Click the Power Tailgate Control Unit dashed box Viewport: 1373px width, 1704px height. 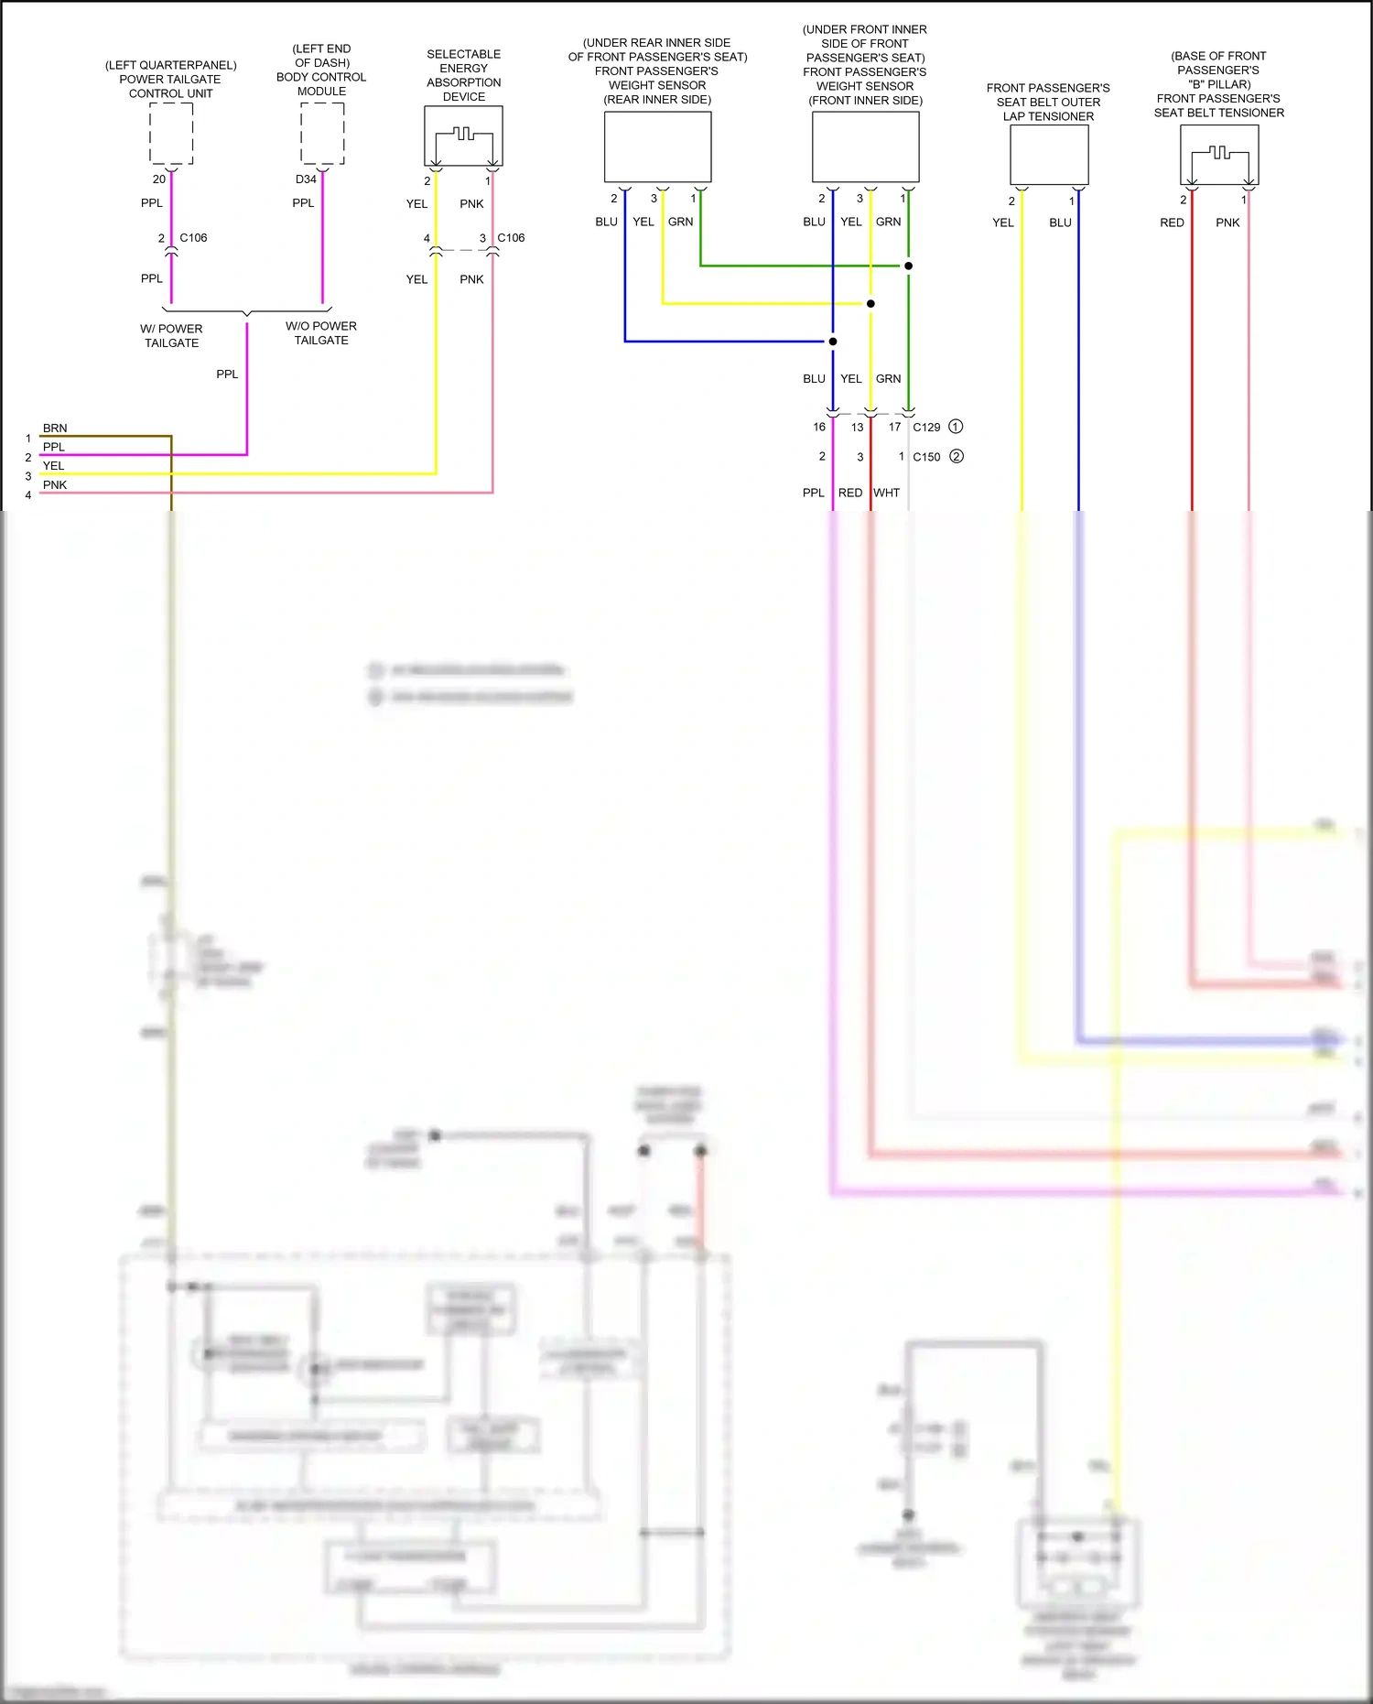pos(171,134)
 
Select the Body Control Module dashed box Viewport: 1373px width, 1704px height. pos(322,134)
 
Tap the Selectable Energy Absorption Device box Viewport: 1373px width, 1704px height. pos(463,136)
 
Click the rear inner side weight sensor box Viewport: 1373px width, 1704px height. pos(657,147)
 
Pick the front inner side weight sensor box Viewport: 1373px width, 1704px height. pos(865,147)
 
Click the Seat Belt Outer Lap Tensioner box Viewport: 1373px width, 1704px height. pos(1049,155)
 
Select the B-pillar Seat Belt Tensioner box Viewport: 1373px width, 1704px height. pos(1219,155)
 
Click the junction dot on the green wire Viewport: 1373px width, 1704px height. pos(908,266)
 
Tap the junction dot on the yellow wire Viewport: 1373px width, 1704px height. pos(870,303)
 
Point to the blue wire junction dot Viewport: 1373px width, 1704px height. pos(833,342)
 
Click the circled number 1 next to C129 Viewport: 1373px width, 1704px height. pos(956,427)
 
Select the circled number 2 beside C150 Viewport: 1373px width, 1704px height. pos(957,456)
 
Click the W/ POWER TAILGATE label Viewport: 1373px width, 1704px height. pos(171,336)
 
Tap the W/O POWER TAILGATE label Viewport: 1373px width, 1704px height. pos(321,333)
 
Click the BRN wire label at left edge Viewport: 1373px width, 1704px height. pos(55,428)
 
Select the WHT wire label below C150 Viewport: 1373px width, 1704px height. pos(886,493)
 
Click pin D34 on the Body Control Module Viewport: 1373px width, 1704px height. pos(306,179)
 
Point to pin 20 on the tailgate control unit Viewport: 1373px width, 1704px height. pos(159,179)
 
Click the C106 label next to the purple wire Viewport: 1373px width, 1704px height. pos(193,238)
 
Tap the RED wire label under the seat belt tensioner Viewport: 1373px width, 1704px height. pos(1172,222)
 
